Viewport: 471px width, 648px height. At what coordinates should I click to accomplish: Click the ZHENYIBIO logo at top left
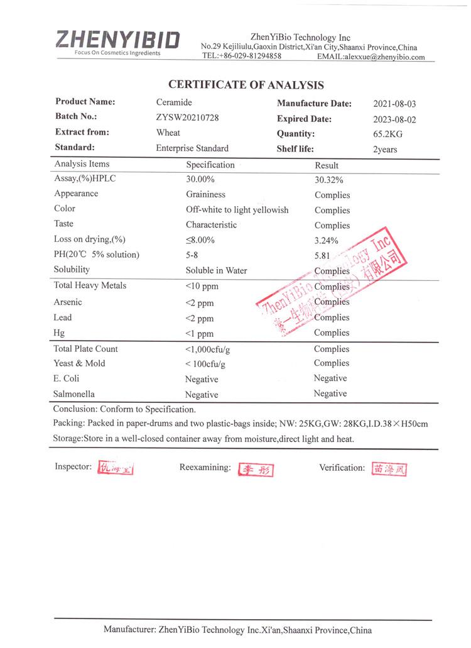point(117,41)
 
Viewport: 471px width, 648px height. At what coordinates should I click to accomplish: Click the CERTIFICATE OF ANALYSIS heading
point(246,85)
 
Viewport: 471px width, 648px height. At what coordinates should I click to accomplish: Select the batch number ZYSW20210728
point(187,118)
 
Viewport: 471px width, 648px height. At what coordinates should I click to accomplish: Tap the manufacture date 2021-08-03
point(394,104)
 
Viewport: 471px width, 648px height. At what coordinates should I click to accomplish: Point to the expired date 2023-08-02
point(394,119)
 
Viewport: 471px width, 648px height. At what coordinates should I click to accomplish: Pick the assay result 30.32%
point(328,180)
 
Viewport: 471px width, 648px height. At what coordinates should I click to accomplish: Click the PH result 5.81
point(323,256)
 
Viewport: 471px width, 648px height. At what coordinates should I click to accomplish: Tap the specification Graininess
point(205,194)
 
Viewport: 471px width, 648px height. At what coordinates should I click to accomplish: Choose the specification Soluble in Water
point(216,271)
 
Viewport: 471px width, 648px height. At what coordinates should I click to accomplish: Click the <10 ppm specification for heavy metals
point(202,287)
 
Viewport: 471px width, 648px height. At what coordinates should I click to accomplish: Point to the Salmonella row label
point(74,394)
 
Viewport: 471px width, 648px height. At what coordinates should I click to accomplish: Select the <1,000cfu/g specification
point(212,349)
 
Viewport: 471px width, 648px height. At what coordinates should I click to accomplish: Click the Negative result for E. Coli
point(330,378)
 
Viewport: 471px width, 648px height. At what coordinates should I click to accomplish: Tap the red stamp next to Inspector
point(116,468)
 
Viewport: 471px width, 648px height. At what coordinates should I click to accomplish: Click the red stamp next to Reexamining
point(256,470)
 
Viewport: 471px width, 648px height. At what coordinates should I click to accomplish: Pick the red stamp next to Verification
point(389,469)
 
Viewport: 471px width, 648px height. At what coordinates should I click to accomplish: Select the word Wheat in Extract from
point(168,133)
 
